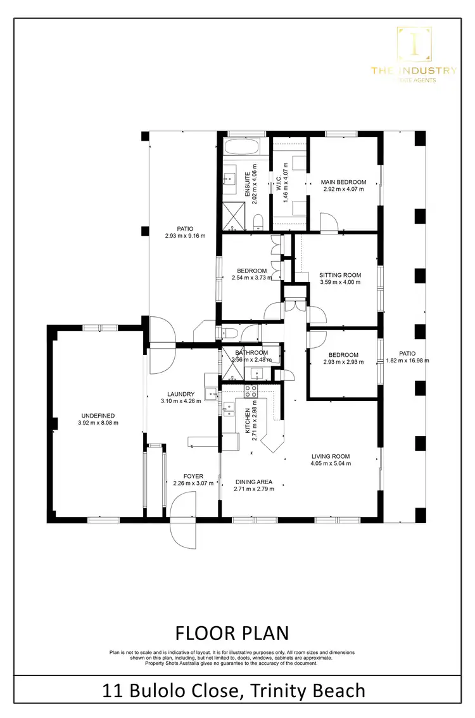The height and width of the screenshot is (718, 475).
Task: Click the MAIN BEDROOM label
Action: point(343,182)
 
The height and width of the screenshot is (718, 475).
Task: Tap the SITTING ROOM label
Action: point(340,275)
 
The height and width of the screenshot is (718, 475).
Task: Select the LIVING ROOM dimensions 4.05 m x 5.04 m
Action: point(330,463)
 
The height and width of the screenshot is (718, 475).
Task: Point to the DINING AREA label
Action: point(253,482)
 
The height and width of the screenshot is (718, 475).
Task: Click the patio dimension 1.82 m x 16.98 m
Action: point(407,361)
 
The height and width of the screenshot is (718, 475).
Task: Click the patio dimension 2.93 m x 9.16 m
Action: point(185,236)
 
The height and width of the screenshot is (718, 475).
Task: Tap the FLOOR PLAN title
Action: point(231,632)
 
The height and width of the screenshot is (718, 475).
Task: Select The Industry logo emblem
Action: point(414,44)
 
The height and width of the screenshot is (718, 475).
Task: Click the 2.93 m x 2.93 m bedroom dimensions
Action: point(343,362)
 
